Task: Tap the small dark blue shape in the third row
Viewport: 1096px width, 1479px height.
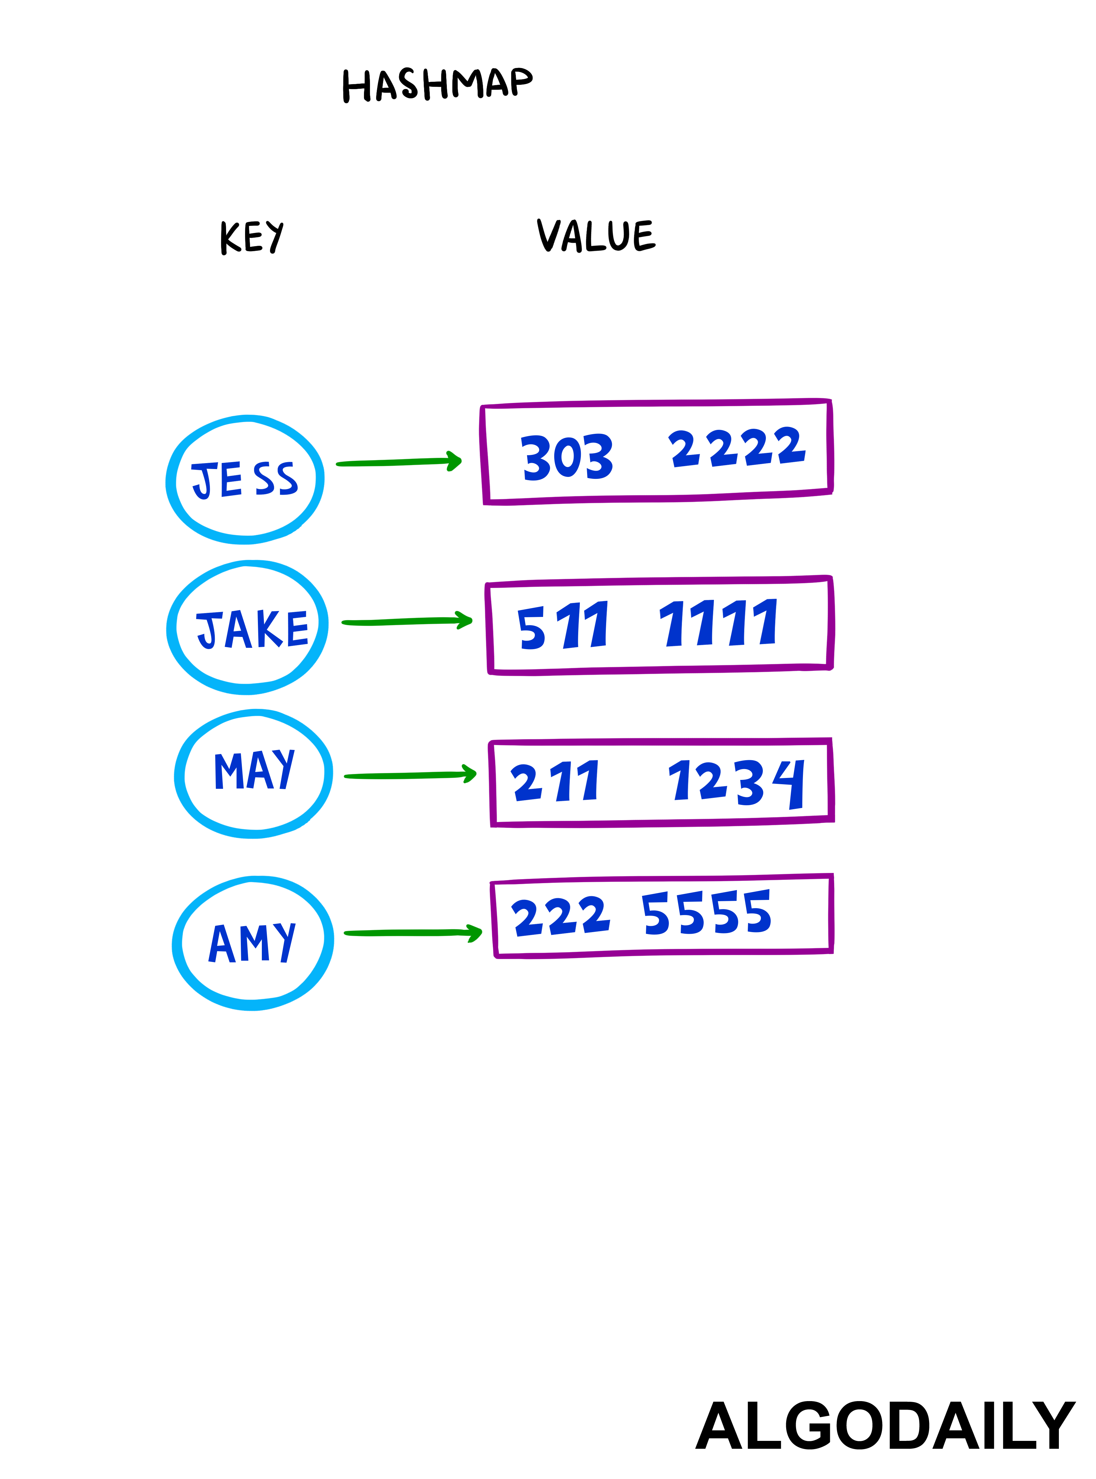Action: click(x=269, y=770)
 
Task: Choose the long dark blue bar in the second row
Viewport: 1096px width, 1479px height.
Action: click(x=677, y=625)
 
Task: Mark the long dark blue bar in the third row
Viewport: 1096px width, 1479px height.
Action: click(x=670, y=782)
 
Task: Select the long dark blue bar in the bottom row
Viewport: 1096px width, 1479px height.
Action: click(x=670, y=914)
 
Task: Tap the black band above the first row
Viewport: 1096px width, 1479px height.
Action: click(x=548, y=199)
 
